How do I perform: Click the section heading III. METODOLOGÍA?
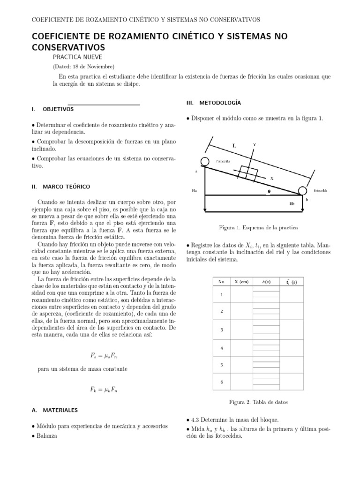[x=213, y=102]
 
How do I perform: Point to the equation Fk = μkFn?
[x=104, y=389]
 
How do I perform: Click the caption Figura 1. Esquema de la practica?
[x=258, y=227]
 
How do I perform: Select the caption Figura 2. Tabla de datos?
[x=258, y=402]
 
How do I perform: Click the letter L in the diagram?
[x=234, y=146]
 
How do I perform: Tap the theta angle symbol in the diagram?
[x=269, y=191]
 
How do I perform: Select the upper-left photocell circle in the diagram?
[x=204, y=162]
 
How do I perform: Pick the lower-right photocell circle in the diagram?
[x=302, y=191]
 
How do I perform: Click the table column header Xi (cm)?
[x=241, y=282]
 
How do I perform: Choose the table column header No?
[x=222, y=282]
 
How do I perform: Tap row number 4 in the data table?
[x=222, y=347]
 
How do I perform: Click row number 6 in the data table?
[x=222, y=382]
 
